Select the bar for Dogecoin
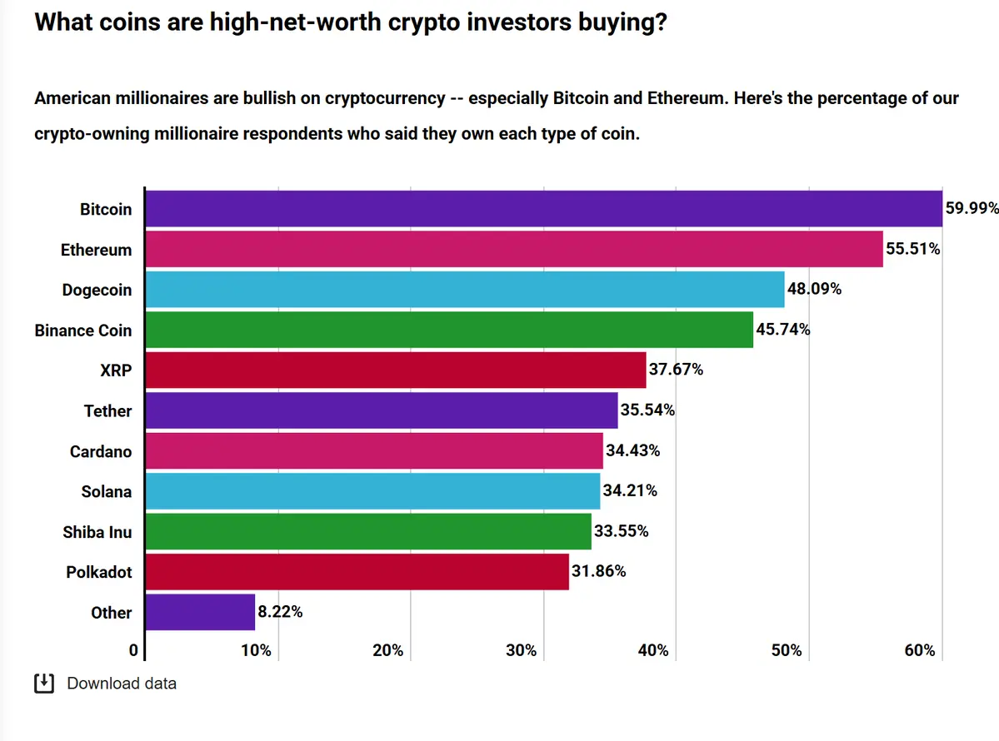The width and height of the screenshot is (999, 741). (x=465, y=290)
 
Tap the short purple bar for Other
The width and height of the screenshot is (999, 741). (x=200, y=612)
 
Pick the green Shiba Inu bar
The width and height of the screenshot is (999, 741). (x=368, y=531)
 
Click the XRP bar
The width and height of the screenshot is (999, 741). (x=396, y=370)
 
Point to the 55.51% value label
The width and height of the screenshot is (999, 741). (x=913, y=249)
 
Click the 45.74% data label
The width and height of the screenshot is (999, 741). (x=783, y=330)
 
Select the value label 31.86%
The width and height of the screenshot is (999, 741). (x=599, y=572)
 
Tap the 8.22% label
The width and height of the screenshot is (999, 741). (x=280, y=612)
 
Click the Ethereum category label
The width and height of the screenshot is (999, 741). (x=96, y=250)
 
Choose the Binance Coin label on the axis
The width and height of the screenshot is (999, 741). (x=83, y=331)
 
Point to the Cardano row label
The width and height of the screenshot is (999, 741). (x=101, y=451)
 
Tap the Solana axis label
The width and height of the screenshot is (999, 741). (x=106, y=491)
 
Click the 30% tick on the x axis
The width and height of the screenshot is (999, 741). (x=522, y=650)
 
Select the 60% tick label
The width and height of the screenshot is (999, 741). (x=920, y=650)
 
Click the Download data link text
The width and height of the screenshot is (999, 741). (x=122, y=684)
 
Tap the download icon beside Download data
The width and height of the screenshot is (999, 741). (x=43, y=684)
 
